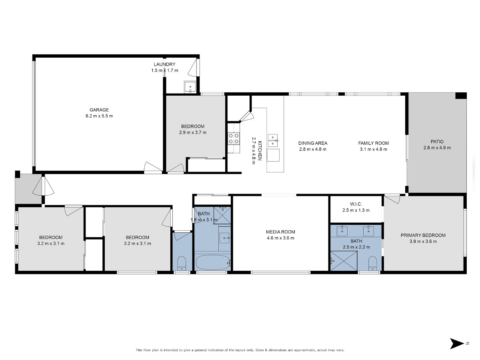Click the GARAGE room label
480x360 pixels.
(x=99, y=110)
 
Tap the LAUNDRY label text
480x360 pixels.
(x=164, y=64)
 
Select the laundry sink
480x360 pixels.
(x=190, y=87)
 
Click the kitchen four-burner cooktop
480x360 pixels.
(x=234, y=138)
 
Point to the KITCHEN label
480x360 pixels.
(x=260, y=150)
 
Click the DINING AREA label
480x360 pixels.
(x=313, y=143)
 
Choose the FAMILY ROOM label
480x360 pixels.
(x=373, y=143)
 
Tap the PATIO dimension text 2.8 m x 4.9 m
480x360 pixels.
(x=437, y=148)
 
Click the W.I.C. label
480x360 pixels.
(x=356, y=204)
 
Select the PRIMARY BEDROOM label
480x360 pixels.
(x=423, y=235)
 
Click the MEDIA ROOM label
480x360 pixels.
(x=280, y=232)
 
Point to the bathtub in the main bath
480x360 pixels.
(x=213, y=262)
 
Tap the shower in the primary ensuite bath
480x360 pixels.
(x=344, y=261)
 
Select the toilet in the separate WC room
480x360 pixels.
(x=181, y=264)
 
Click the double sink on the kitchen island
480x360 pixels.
(x=273, y=140)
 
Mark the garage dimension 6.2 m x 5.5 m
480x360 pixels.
(x=99, y=116)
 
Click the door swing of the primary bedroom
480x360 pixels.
(x=392, y=199)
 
